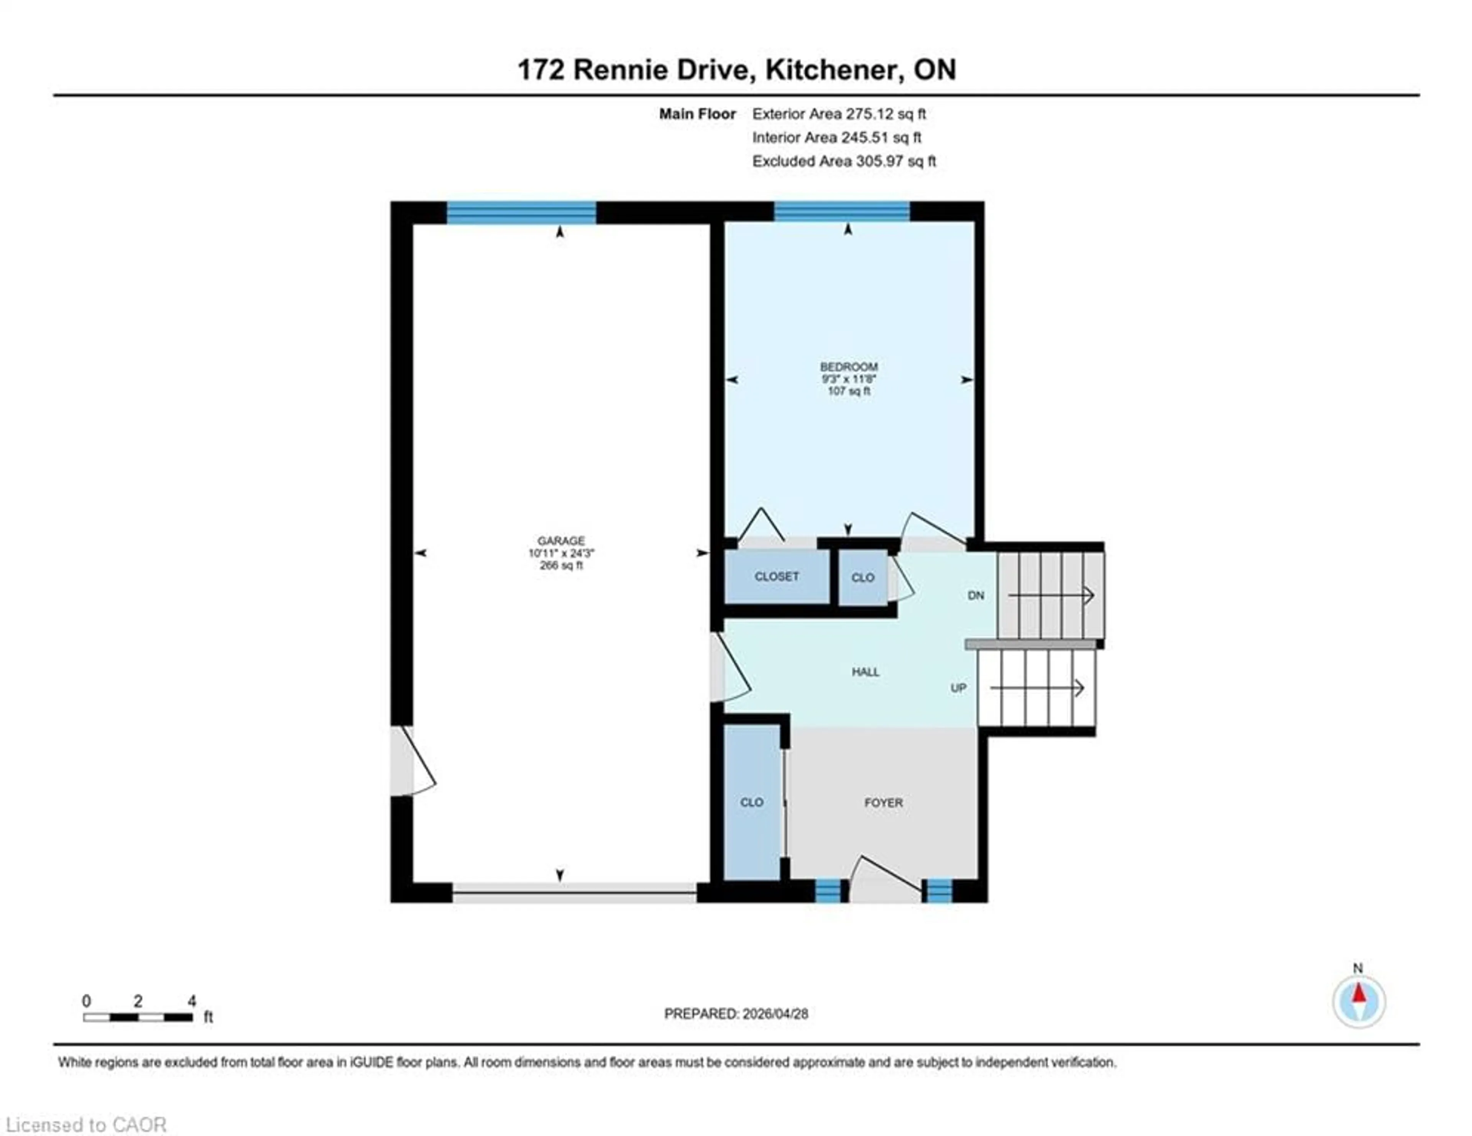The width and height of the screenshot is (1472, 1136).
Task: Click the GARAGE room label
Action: [561, 540]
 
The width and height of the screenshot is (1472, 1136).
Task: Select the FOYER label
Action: [883, 803]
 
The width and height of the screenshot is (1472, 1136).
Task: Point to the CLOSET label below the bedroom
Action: [776, 577]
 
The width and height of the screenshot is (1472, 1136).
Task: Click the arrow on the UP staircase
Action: [1038, 688]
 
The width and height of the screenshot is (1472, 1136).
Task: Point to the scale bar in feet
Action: [138, 1017]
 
